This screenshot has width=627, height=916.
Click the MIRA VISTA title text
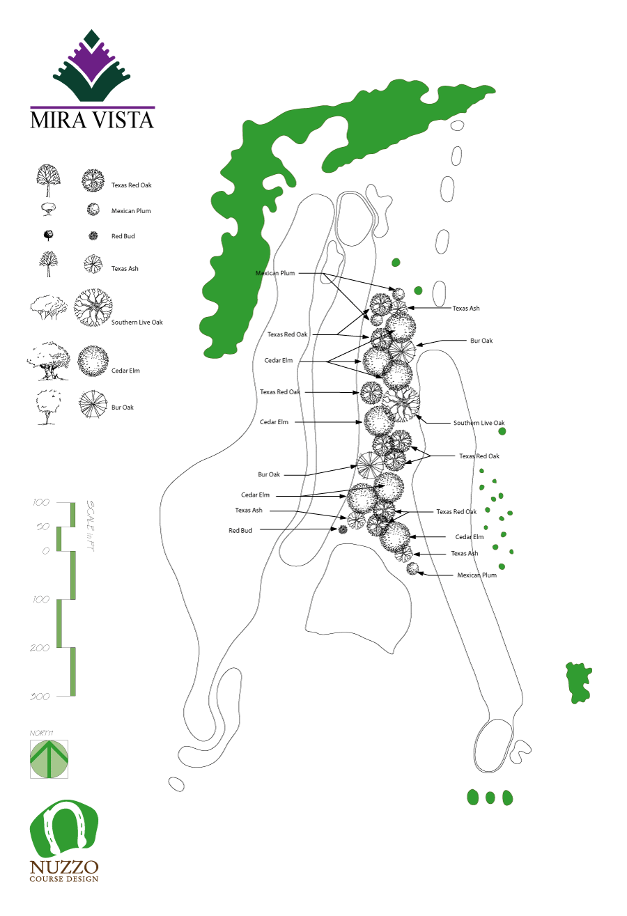92,119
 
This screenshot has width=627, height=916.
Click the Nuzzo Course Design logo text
63,870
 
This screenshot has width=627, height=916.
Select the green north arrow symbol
49,759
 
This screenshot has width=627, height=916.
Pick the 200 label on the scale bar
40,648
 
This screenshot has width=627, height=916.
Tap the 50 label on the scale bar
42,527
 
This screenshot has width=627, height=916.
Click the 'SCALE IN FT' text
90,526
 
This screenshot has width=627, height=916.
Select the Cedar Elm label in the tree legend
125,371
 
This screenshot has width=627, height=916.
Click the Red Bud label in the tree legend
123,236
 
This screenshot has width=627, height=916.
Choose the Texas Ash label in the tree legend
125,268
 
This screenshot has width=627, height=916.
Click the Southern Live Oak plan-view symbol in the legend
93,307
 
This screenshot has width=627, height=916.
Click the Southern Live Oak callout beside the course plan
479,423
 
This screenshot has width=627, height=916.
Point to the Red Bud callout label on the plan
240,530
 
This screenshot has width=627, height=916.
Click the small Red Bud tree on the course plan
343,529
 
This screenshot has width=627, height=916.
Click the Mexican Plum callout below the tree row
477,575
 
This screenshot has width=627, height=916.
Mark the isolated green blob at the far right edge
578,682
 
